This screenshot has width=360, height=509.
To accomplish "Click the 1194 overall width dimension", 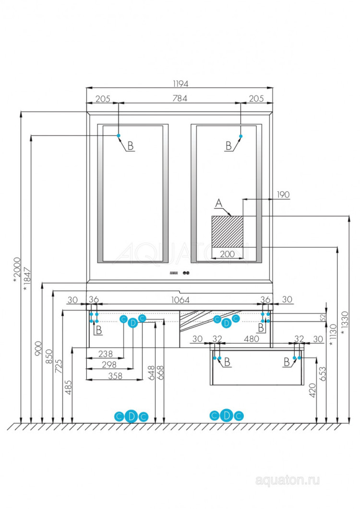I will pos(180,83).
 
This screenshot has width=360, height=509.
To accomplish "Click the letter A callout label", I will pos(219,204).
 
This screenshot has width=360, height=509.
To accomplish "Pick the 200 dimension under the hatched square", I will pos(228,254).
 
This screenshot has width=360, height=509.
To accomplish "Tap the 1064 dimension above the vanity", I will pos(180,300).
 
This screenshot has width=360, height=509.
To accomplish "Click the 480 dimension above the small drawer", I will pos(252,339).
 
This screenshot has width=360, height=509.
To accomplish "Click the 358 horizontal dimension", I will pos(114,376).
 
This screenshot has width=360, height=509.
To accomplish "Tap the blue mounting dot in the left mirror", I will pos(119,136).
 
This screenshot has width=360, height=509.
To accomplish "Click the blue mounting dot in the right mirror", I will pos(240,136).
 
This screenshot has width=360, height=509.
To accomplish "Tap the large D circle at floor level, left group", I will pos(132,416).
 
